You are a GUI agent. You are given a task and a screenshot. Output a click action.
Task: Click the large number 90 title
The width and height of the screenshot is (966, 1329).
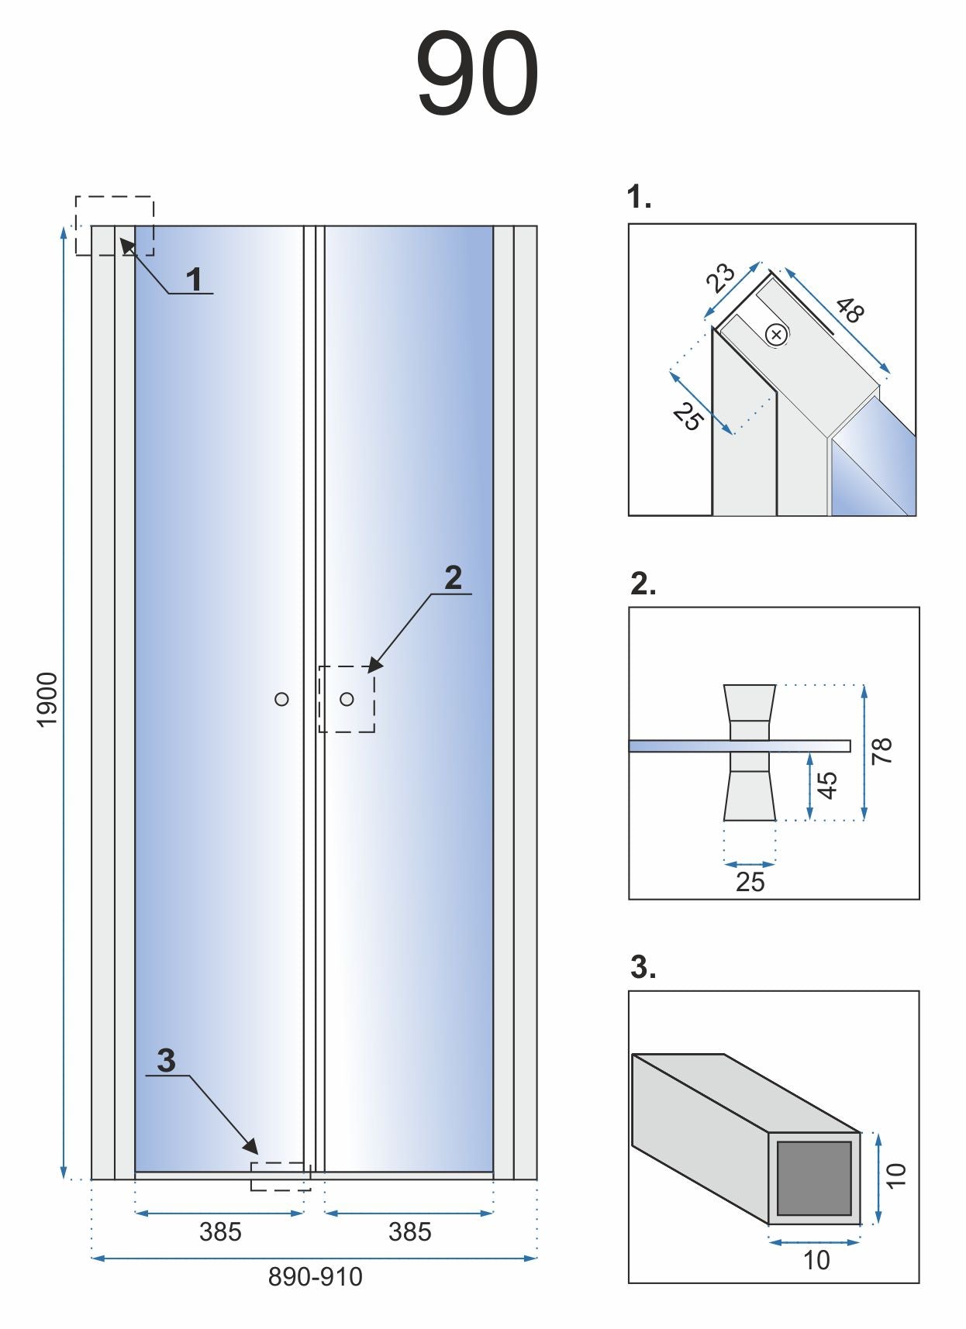[477, 74]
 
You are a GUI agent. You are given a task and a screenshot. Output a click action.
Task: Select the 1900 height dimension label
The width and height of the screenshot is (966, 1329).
[48, 699]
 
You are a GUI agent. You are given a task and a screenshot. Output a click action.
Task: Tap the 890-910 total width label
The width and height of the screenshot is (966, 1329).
[315, 1276]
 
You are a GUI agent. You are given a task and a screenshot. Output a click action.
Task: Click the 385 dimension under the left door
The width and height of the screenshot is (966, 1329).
[220, 1231]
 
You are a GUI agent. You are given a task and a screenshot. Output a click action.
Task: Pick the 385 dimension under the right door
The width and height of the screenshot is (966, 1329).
[409, 1231]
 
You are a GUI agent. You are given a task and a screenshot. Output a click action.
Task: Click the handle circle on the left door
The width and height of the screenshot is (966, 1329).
[281, 699]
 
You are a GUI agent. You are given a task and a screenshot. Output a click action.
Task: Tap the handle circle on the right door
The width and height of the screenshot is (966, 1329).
[347, 699]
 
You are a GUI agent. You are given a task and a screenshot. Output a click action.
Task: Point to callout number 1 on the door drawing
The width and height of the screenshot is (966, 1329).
[194, 279]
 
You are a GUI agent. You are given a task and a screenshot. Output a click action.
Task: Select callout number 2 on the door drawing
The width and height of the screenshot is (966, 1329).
[453, 577]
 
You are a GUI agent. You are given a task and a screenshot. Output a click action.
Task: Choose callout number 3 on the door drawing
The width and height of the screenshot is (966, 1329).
[166, 1060]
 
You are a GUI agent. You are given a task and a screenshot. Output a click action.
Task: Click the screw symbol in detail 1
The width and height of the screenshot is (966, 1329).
[776, 335]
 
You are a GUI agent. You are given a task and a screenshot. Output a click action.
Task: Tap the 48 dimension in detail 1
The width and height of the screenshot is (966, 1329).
[850, 310]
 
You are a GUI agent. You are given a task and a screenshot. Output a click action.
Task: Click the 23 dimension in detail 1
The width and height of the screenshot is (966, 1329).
[720, 277]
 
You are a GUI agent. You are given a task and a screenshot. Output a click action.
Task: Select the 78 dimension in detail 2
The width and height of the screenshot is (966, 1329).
[882, 751]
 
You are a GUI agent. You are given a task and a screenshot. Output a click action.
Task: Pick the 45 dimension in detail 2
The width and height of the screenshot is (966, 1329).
[828, 784]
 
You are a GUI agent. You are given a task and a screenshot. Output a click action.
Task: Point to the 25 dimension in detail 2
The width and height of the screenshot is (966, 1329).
[750, 882]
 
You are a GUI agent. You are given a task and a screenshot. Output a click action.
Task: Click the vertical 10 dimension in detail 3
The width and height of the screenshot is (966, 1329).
[895, 1175]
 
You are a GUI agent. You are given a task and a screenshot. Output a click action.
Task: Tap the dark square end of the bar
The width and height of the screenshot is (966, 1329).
[814, 1178]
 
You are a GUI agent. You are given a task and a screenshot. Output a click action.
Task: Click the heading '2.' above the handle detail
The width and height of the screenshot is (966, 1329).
[643, 584]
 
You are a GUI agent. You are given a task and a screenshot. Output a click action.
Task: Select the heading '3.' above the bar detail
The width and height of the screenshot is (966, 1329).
[643, 967]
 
